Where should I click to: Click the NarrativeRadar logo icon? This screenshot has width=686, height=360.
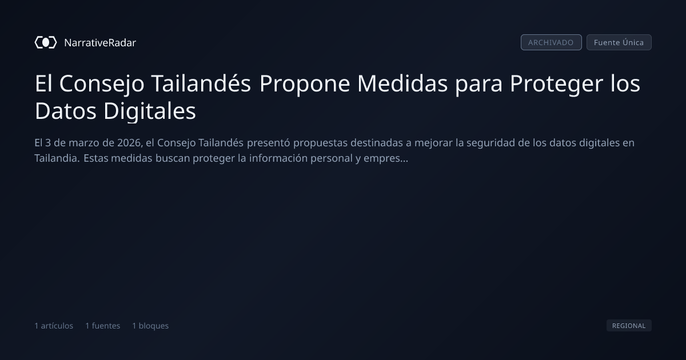point(46,42)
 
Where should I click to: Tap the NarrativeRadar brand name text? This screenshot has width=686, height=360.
point(100,43)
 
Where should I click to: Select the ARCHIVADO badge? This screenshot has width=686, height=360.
point(551,42)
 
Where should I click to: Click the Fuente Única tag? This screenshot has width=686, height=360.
point(619,42)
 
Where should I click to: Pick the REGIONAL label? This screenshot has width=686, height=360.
point(629,326)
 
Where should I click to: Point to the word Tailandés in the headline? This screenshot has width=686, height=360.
point(201,83)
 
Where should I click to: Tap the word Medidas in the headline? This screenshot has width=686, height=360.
point(402,83)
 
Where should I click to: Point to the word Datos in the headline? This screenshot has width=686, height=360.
point(66,111)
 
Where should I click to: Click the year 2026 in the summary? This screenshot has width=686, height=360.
point(129,143)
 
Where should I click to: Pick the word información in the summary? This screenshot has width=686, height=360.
point(278,158)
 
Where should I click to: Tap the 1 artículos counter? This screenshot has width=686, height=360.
point(54,326)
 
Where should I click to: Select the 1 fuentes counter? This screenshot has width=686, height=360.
point(103,326)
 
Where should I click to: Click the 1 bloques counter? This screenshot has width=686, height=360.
point(150,326)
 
